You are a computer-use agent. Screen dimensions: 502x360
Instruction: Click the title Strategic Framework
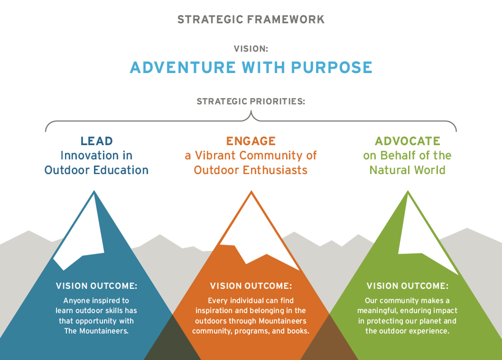coord(251,19)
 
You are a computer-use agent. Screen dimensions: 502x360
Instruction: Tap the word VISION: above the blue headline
coord(251,48)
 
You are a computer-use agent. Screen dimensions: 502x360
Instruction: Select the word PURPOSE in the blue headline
coord(331,67)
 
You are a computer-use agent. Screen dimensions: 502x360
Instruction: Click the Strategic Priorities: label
coord(251,101)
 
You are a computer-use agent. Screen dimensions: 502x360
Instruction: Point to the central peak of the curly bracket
coord(251,111)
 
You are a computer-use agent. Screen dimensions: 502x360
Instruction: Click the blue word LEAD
coord(96,141)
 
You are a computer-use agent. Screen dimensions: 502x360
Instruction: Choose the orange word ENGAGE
coord(251,141)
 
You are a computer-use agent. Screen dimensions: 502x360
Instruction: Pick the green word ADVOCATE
coord(407,141)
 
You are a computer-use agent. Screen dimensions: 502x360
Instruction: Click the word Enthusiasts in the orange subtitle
coord(275,170)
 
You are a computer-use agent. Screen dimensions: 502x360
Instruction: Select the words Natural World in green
coord(407,170)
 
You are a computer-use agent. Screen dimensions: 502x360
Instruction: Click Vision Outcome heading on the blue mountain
coord(96,286)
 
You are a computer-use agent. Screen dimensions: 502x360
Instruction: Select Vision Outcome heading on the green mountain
coord(407,286)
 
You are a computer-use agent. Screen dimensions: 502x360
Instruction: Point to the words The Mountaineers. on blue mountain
coord(96,331)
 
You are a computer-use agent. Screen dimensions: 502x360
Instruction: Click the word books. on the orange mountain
coord(298,331)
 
